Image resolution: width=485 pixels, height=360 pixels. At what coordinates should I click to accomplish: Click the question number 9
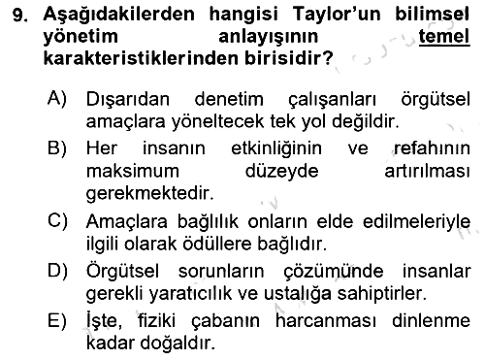pyautogui.click(x=20, y=16)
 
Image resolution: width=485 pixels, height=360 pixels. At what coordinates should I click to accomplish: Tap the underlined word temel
pyautogui.click(x=444, y=36)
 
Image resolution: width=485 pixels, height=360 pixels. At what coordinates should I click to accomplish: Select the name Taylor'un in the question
pyautogui.click(x=337, y=15)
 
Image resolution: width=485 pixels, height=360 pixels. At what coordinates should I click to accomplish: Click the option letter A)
pyautogui.click(x=57, y=97)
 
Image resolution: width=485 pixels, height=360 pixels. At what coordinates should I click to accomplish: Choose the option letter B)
pyautogui.click(x=57, y=147)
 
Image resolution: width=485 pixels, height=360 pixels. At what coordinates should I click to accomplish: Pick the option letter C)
pyautogui.click(x=57, y=221)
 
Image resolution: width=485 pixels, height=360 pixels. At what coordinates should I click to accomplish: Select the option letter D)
pyautogui.click(x=57, y=271)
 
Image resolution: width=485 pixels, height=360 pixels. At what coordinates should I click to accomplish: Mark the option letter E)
pyautogui.click(x=57, y=321)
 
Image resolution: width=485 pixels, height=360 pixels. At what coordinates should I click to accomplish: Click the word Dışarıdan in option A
pyautogui.click(x=128, y=99)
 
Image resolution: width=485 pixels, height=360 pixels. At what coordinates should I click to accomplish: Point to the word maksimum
pyautogui.click(x=133, y=171)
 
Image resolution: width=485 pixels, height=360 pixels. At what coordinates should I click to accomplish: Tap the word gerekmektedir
pyautogui.click(x=150, y=193)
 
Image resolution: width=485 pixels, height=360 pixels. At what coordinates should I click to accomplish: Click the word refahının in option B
pyautogui.click(x=432, y=148)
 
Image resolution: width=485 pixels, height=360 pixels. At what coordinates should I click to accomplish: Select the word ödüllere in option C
pyautogui.click(x=217, y=244)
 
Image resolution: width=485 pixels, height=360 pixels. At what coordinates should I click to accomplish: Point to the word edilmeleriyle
pyautogui.click(x=416, y=222)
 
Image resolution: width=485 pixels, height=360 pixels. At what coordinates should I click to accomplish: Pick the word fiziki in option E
pyautogui.click(x=157, y=321)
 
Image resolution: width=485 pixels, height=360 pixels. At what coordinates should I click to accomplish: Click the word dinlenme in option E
pyautogui.click(x=431, y=321)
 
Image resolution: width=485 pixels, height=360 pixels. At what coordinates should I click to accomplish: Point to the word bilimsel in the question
pyautogui.click(x=432, y=15)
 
